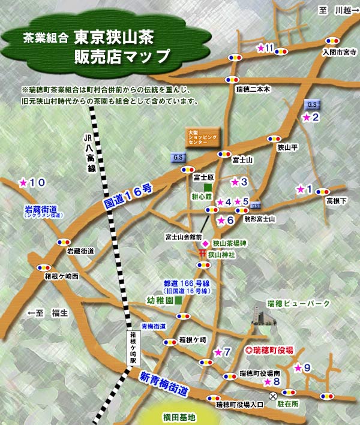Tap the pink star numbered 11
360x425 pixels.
[x=260, y=48]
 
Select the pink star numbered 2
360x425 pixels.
[x=306, y=118]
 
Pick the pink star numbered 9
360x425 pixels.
[x=298, y=367]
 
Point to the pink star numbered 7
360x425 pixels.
[x=217, y=352]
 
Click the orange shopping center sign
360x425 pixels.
[x=200, y=136]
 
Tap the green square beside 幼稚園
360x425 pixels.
[x=178, y=299]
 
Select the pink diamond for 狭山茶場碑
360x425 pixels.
[x=204, y=243]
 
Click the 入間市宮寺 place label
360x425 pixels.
[x=339, y=53]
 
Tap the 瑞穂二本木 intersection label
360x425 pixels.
[x=254, y=89]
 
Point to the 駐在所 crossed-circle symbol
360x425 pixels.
[x=273, y=395]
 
